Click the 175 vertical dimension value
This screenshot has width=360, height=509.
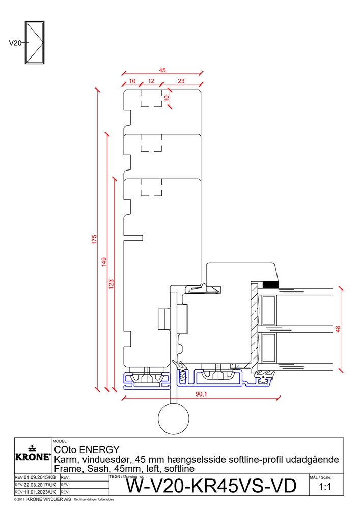(94, 239)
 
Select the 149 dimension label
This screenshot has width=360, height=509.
(104, 262)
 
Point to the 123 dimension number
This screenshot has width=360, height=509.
(112, 284)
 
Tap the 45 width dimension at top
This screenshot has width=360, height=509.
(162, 70)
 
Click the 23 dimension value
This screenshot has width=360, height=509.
(181, 81)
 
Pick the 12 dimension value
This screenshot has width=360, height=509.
(151, 81)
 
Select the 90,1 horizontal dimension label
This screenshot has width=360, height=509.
(201, 394)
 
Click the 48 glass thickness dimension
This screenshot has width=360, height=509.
(338, 329)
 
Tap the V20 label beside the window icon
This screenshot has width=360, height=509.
(15, 43)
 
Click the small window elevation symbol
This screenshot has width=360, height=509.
(35, 43)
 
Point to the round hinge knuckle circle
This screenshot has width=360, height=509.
(174, 418)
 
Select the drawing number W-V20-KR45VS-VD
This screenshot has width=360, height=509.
(211, 486)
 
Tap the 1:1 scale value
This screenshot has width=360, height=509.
(325, 487)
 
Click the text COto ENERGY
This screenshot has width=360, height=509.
(87, 449)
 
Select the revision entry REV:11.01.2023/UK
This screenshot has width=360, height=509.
(35, 492)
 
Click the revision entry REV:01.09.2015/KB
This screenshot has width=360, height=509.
(35, 477)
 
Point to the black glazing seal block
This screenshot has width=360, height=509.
(270, 285)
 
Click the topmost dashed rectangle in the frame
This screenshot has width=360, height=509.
(151, 98)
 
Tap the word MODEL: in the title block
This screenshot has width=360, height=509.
(60, 441)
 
